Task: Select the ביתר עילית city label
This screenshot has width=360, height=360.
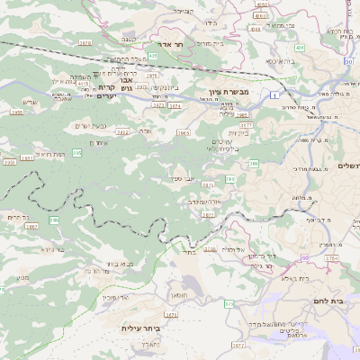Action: [x=139, y=328]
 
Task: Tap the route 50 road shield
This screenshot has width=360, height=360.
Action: [x=349, y=61]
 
